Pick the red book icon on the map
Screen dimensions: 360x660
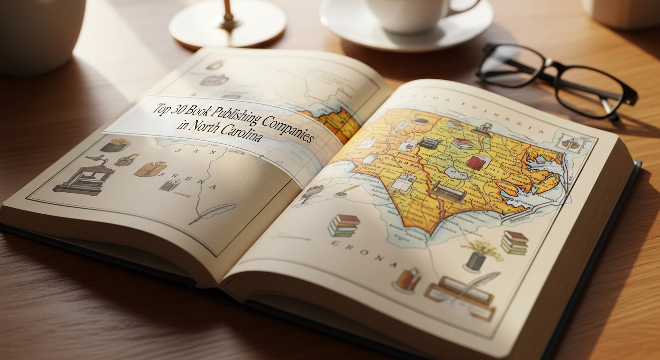478,163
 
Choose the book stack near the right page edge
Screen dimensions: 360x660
515,242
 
